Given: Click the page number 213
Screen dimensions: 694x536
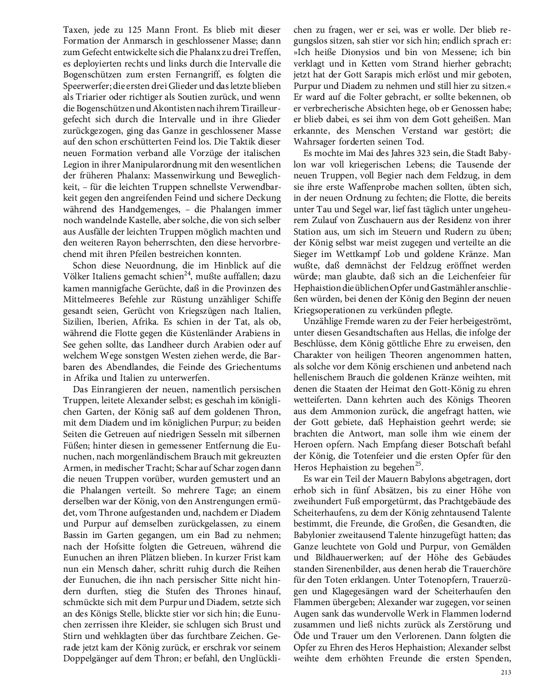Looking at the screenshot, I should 505,673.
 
